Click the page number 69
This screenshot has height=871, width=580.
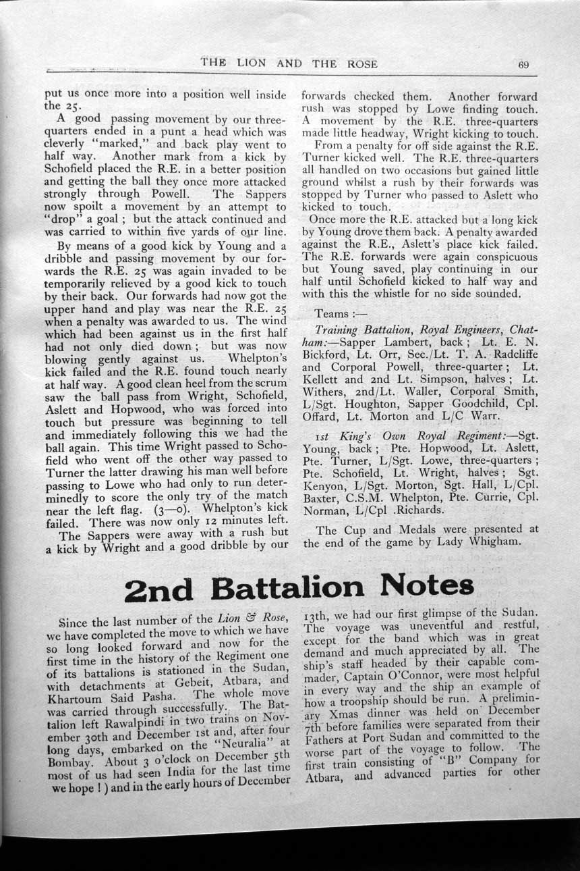point(523,65)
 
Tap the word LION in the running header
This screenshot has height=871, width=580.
point(251,64)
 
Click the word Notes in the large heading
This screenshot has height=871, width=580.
point(417,585)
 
